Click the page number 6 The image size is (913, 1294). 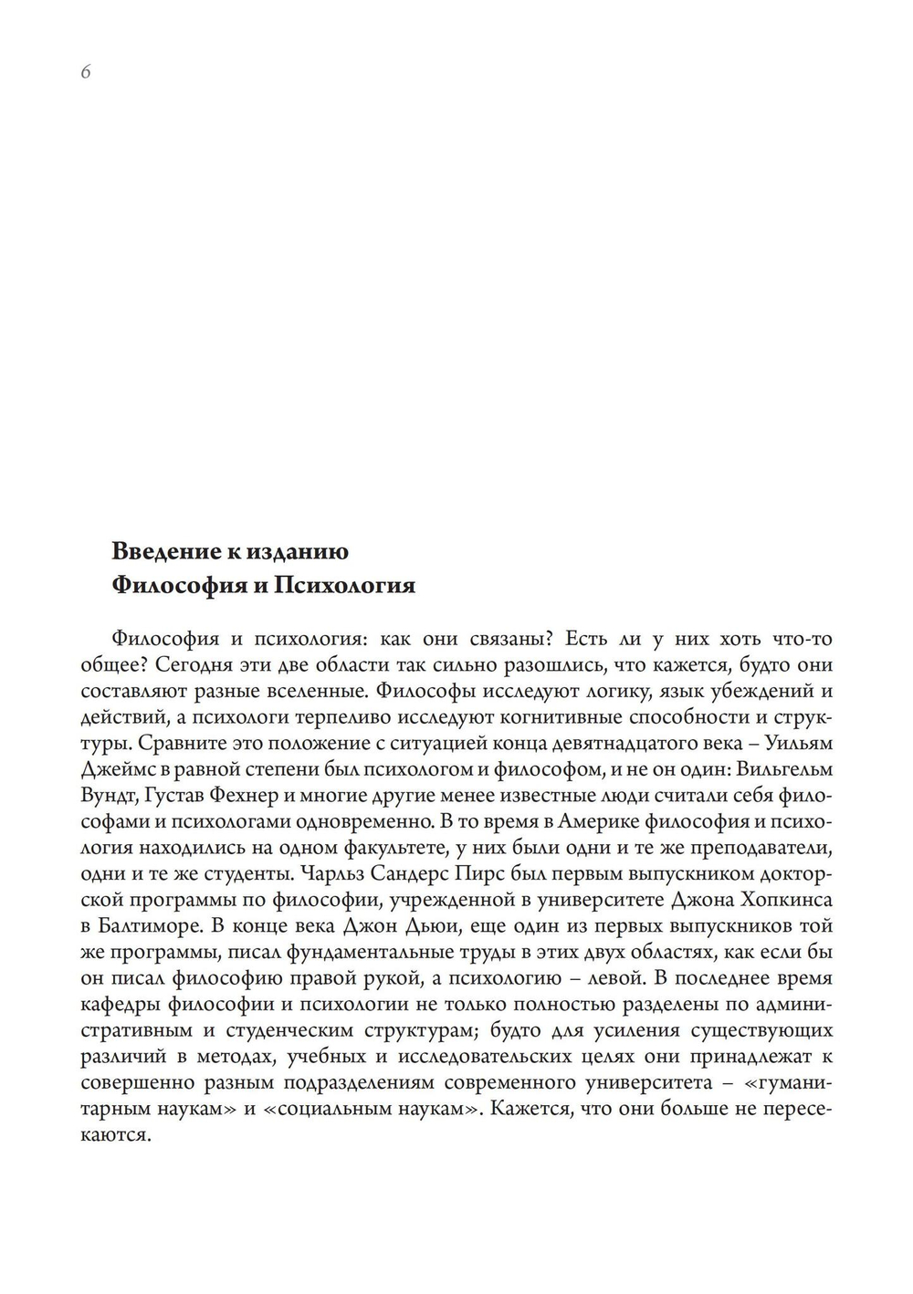[x=85, y=74]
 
